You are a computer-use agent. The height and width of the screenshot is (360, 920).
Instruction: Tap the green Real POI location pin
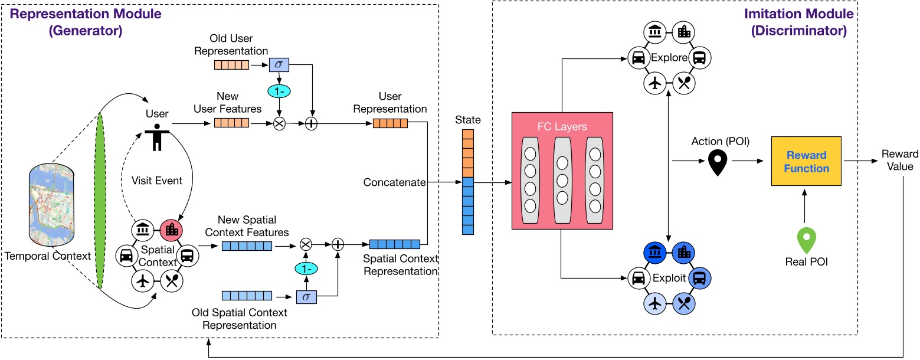[805, 239]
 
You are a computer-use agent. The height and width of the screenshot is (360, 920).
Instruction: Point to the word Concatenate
[394, 182]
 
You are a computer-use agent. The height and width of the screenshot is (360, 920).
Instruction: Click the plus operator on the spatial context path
[338, 244]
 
